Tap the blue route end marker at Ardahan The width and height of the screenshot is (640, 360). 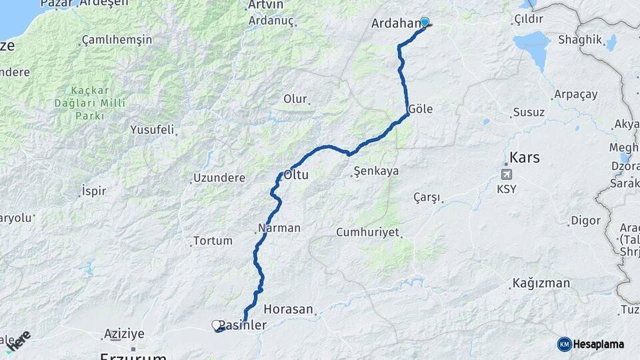point(424,22)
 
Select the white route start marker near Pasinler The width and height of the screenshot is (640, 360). point(216,325)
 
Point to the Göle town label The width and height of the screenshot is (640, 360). point(420,109)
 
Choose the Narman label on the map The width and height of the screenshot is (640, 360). point(279,228)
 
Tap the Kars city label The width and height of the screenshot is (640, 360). point(525,158)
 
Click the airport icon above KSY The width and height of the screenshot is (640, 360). point(506,175)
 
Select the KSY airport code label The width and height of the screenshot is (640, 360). point(506,189)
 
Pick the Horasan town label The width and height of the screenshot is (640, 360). point(288,309)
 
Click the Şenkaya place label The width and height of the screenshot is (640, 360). point(376,171)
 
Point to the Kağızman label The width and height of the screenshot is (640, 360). point(541,283)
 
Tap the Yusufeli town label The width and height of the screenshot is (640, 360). point(152,129)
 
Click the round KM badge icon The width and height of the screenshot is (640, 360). point(565,344)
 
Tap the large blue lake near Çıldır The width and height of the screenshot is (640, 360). point(532,48)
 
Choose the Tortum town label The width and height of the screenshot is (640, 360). point(213,241)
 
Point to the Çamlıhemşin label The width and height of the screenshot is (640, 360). point(117,40)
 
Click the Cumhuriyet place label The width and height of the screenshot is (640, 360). point(367,233)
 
